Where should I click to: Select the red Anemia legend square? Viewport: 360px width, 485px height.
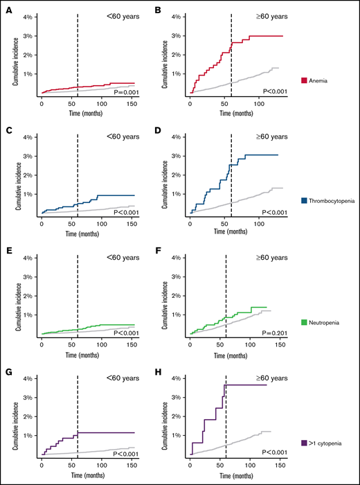(x=305, y=80)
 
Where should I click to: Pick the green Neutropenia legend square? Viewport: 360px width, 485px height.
(x=305, y=323)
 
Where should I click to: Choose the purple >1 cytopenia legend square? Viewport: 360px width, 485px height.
(x=305, y=444)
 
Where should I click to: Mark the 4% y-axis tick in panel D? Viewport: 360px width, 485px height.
(x=177, y=137)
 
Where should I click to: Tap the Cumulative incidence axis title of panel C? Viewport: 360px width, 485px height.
(x=15, y=176)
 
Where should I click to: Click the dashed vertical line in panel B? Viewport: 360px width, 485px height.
(x=231, y=55)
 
